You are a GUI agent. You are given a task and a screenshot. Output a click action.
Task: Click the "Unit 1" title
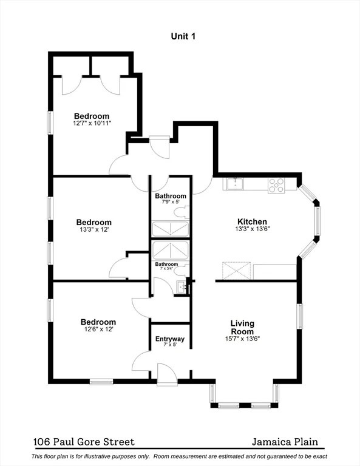pyautogui.click(x=183, y=36)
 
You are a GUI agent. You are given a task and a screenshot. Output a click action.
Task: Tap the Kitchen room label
pyautogui.click(x=252, y=222)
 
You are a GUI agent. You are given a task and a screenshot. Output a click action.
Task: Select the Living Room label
pyautogui.click(x=242, y=327)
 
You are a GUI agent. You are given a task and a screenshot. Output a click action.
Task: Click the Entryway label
pyautogui.click(x=170, y=339)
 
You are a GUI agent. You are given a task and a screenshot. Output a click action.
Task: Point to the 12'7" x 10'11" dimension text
pyautogui.click(x=92, y=124)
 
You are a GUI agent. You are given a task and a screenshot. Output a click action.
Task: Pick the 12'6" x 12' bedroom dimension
pyautogui.click(x=98, y=329)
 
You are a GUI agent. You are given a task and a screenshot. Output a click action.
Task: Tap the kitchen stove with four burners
pyautogui.click(x=276, y=184)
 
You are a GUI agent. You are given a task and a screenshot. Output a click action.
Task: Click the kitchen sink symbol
pyautogui.click(x=234, y=183)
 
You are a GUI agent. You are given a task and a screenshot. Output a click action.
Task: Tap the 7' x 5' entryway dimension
pyautogui.click(x=170, y=345)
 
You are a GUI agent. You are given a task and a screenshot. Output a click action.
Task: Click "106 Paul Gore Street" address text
pyautogui.click(x=84, y=442)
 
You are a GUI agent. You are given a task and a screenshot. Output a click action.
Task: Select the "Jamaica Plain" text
pyautogui.click(x=285, y=442)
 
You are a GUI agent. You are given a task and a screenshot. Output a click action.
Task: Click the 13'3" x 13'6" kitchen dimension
pyautogui.click(x=252, y=229)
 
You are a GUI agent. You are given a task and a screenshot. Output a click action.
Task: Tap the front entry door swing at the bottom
pyautogui.click(x=165, y=374)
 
